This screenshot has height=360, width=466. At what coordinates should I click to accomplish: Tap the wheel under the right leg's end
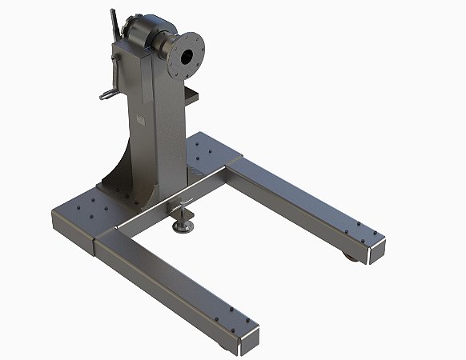tap(353, 256)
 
